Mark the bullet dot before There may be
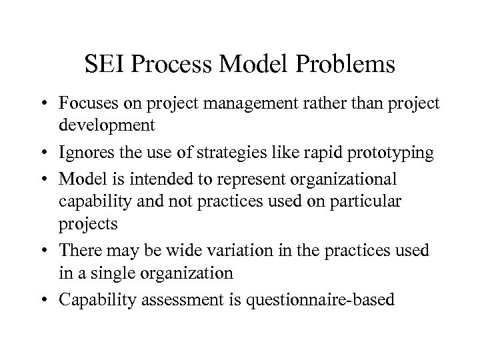pyautogui.click(x=45, y=249)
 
